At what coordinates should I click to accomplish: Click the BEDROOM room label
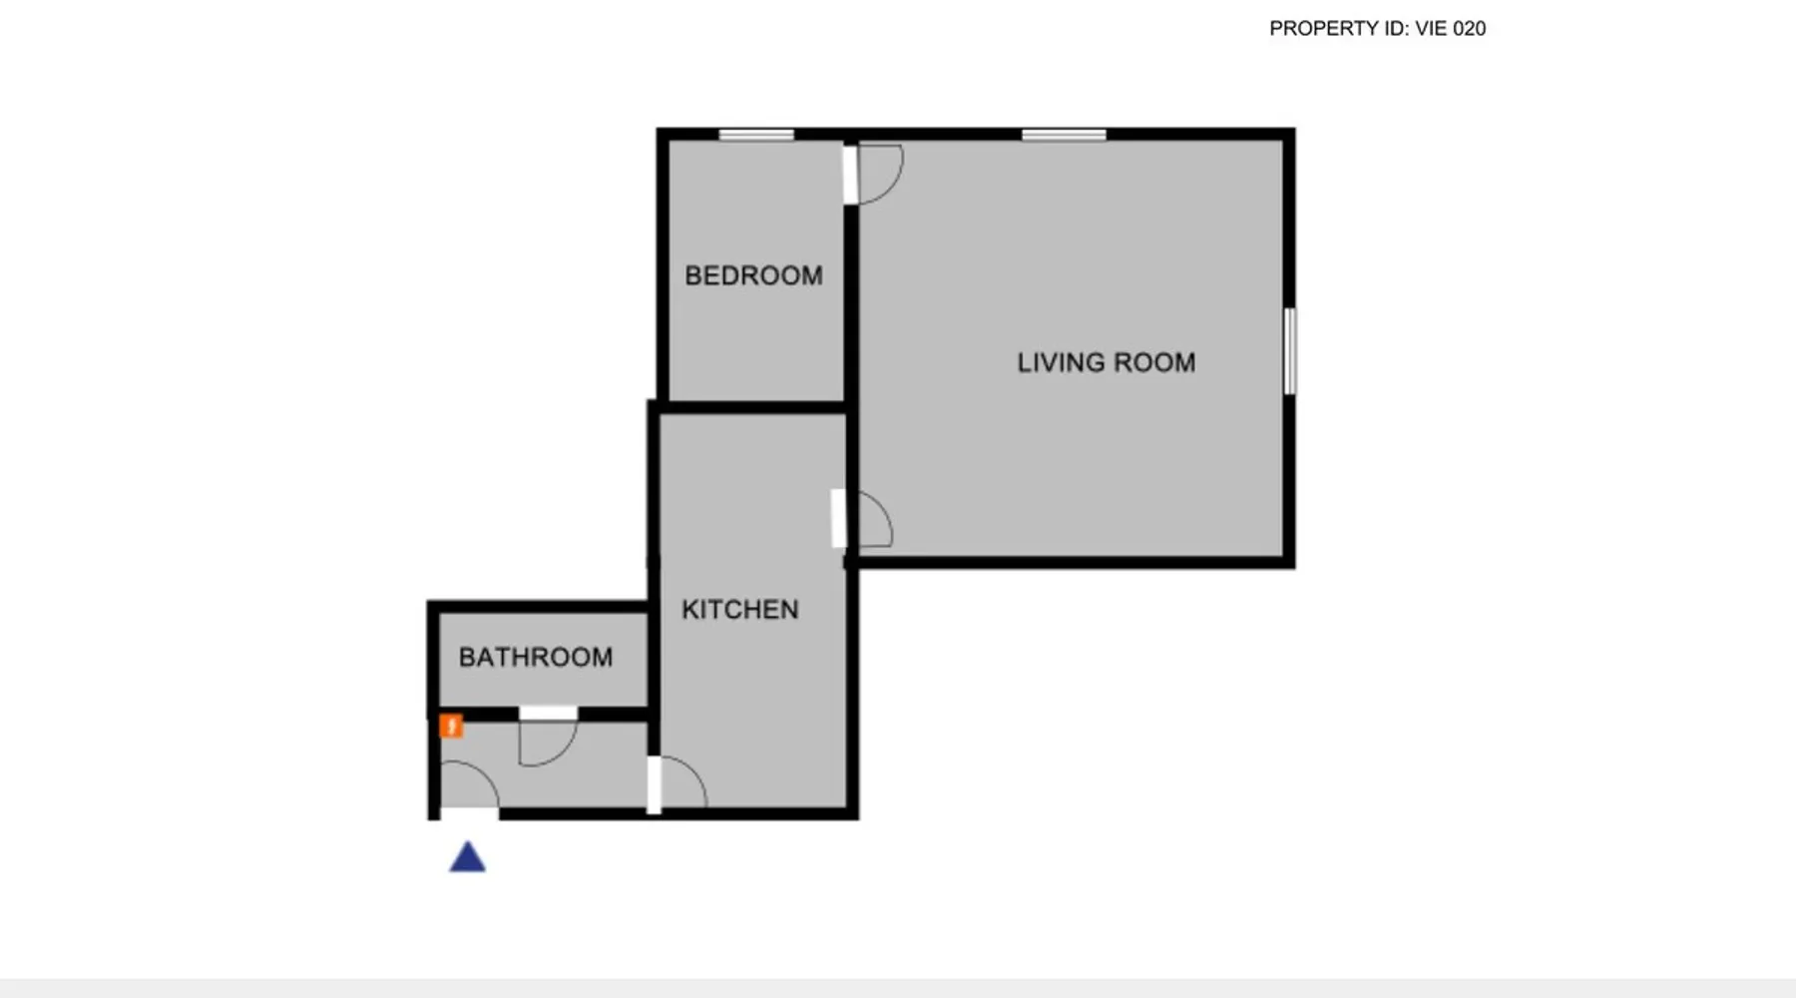pos(753,275)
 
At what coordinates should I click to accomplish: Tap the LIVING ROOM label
pos(1106,362)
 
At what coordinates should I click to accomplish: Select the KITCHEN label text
pos(739,610)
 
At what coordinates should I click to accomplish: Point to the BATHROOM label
pos(536,657)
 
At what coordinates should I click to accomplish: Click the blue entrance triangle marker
pos(467,857)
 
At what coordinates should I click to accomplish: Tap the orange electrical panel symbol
pos(451,726)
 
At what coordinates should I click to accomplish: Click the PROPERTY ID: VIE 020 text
pos(1377,29)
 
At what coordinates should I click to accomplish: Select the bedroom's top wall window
pos(756,135)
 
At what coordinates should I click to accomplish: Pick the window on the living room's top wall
pos(1064,135)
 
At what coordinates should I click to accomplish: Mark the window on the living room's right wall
pos(1289,351)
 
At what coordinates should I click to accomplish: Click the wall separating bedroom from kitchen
pos(753,407)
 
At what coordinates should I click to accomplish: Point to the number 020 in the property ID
pos(1469,29)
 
